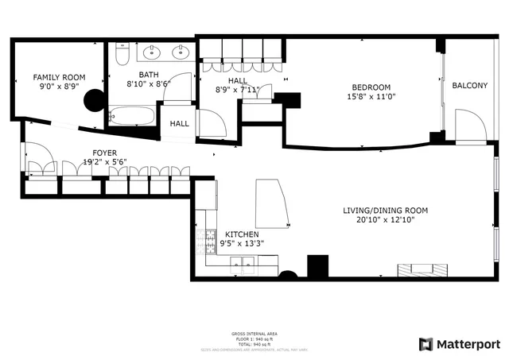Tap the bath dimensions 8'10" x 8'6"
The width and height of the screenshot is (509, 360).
pyautogui.click(x=149, y=83)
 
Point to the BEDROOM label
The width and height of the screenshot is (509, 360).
pyautogui.click(x=371, y=87)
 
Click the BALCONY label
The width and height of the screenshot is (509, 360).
pyautogui.click(x=469, y=86)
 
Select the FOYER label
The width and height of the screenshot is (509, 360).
pyautogui.click(x=105, y=153)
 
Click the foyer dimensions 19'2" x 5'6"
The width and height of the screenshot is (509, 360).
pyautogui.click(x=105, y=161)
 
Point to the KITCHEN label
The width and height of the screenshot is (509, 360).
pyautogui.click(x=242, y=234)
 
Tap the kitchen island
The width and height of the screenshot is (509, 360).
pyautogui.click(x=271, y=203)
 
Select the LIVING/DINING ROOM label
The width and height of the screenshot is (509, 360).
pyautogui.click(x=385, y=211)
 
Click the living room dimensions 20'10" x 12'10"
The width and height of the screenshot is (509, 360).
pyautogui.click(x=385, y=220)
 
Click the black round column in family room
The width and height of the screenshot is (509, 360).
pyautogui.click(x=96, y=100)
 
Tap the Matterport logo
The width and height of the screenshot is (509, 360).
pyautogui.click(x=460, y=344)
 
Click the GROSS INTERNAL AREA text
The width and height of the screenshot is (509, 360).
pyautogui.click(x=254, y=334)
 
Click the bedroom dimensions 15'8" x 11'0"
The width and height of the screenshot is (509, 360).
pyautogui.click(x=371, y=96)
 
